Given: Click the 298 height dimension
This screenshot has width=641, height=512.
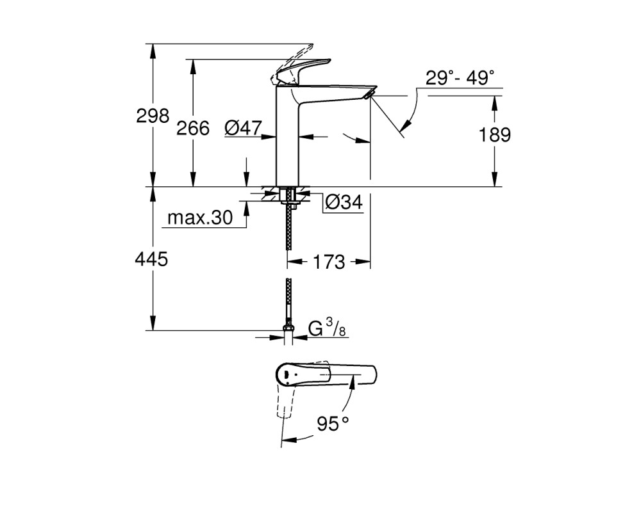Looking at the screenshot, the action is (153, 116).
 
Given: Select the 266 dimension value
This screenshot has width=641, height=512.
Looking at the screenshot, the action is (192, 129).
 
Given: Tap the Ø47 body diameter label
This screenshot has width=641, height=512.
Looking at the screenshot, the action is (243, 128).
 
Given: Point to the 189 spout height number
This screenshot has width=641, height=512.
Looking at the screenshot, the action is (495, 135).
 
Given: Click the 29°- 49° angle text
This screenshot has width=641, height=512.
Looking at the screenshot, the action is (460, 77).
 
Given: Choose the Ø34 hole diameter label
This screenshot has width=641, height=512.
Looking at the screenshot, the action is (344, 202).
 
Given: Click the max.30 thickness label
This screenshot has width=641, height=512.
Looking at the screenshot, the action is (200, 218).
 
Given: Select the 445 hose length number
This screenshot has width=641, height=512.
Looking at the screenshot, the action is (152, 259).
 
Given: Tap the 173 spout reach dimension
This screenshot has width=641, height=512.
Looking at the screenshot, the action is (329, 262).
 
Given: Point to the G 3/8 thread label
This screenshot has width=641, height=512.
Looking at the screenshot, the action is (327, 329).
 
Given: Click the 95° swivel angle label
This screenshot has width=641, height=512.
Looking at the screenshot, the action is (333, 424).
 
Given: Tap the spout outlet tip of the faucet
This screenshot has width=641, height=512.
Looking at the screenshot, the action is (369, 95).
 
